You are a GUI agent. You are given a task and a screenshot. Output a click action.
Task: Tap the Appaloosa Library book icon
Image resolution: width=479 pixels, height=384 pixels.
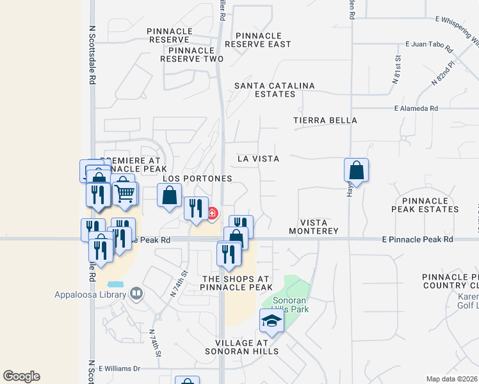[136, 294]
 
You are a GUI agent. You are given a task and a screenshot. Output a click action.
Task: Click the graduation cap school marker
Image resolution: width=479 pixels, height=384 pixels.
[272, 321]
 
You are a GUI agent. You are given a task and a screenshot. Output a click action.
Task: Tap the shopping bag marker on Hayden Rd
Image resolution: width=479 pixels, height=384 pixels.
[357, 171]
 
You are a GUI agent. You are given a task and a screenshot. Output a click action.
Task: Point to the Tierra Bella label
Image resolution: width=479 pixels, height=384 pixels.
[325, 120]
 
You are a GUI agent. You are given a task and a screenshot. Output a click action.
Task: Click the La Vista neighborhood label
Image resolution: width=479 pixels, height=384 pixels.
[258, 158]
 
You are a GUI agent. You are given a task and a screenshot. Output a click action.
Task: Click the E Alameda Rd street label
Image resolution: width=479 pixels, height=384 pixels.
[416, 109]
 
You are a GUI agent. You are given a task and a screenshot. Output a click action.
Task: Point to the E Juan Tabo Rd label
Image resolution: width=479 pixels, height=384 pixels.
[428, 48]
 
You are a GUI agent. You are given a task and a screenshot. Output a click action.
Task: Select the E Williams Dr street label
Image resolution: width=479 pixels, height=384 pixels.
[118, 369]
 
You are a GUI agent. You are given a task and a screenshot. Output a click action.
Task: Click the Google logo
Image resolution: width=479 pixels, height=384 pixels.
[22, 376]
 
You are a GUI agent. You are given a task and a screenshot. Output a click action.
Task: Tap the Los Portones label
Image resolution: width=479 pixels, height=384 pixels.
[197, 179]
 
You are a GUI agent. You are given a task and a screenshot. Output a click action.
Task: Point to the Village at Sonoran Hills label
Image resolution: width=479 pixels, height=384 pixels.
[242, 346]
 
